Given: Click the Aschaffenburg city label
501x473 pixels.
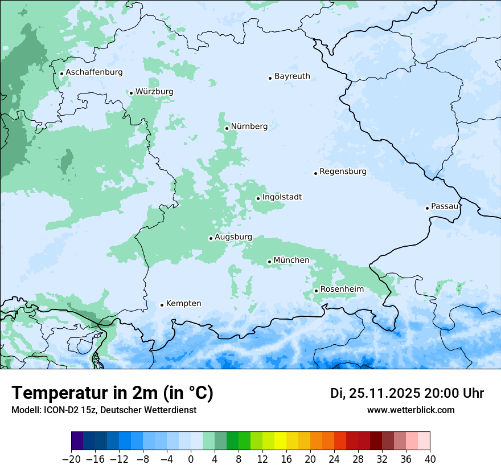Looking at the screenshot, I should (94, 72).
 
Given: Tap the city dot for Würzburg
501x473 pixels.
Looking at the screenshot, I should (131, 93).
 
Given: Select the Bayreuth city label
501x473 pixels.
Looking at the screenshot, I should (292, 76).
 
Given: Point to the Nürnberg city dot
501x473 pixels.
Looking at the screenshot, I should (227, 128).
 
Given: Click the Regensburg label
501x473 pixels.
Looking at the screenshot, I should (343, 172).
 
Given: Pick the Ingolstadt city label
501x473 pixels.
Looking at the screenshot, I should (282, 197).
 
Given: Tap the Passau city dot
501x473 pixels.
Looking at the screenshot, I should (427, 208).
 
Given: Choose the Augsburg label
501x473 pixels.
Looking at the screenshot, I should (233, 237).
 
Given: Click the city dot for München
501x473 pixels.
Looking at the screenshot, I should (269, 262).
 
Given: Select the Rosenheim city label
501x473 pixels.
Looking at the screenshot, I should (342, 289).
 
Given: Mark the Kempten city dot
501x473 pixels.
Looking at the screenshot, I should (162, 305).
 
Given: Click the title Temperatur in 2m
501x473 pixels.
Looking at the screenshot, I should (112, 393).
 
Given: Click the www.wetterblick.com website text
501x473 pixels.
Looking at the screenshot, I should (410, 410).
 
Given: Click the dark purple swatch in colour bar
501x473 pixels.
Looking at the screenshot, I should (77, 441).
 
